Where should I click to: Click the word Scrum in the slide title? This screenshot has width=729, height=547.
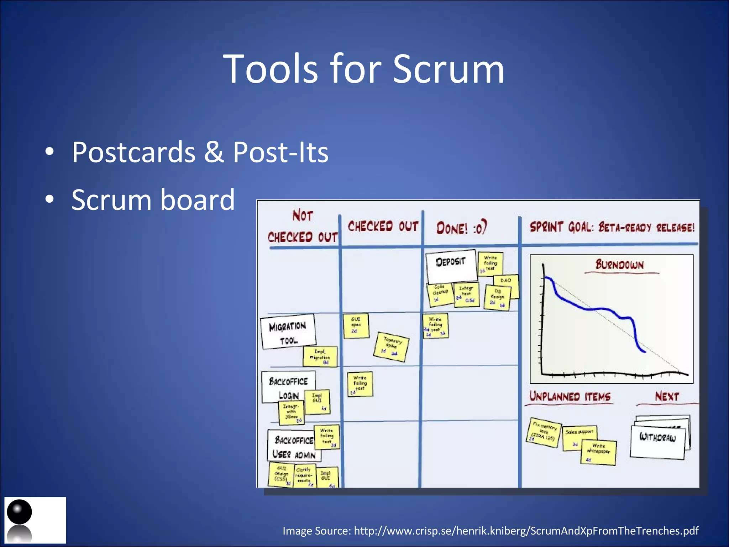[448, 69]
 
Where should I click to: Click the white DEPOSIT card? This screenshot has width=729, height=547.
[451, 265]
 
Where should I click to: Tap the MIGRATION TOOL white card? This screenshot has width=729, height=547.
[288, 332]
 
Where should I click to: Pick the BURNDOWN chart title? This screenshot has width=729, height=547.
[620, 265]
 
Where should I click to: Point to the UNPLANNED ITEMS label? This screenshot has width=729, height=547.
[570, 397]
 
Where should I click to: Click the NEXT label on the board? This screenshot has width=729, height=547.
[667, 397]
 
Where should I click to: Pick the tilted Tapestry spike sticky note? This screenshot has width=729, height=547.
[391, 347]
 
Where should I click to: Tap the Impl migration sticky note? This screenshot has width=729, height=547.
[320, 356]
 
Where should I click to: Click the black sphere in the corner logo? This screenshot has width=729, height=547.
[19, 512]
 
